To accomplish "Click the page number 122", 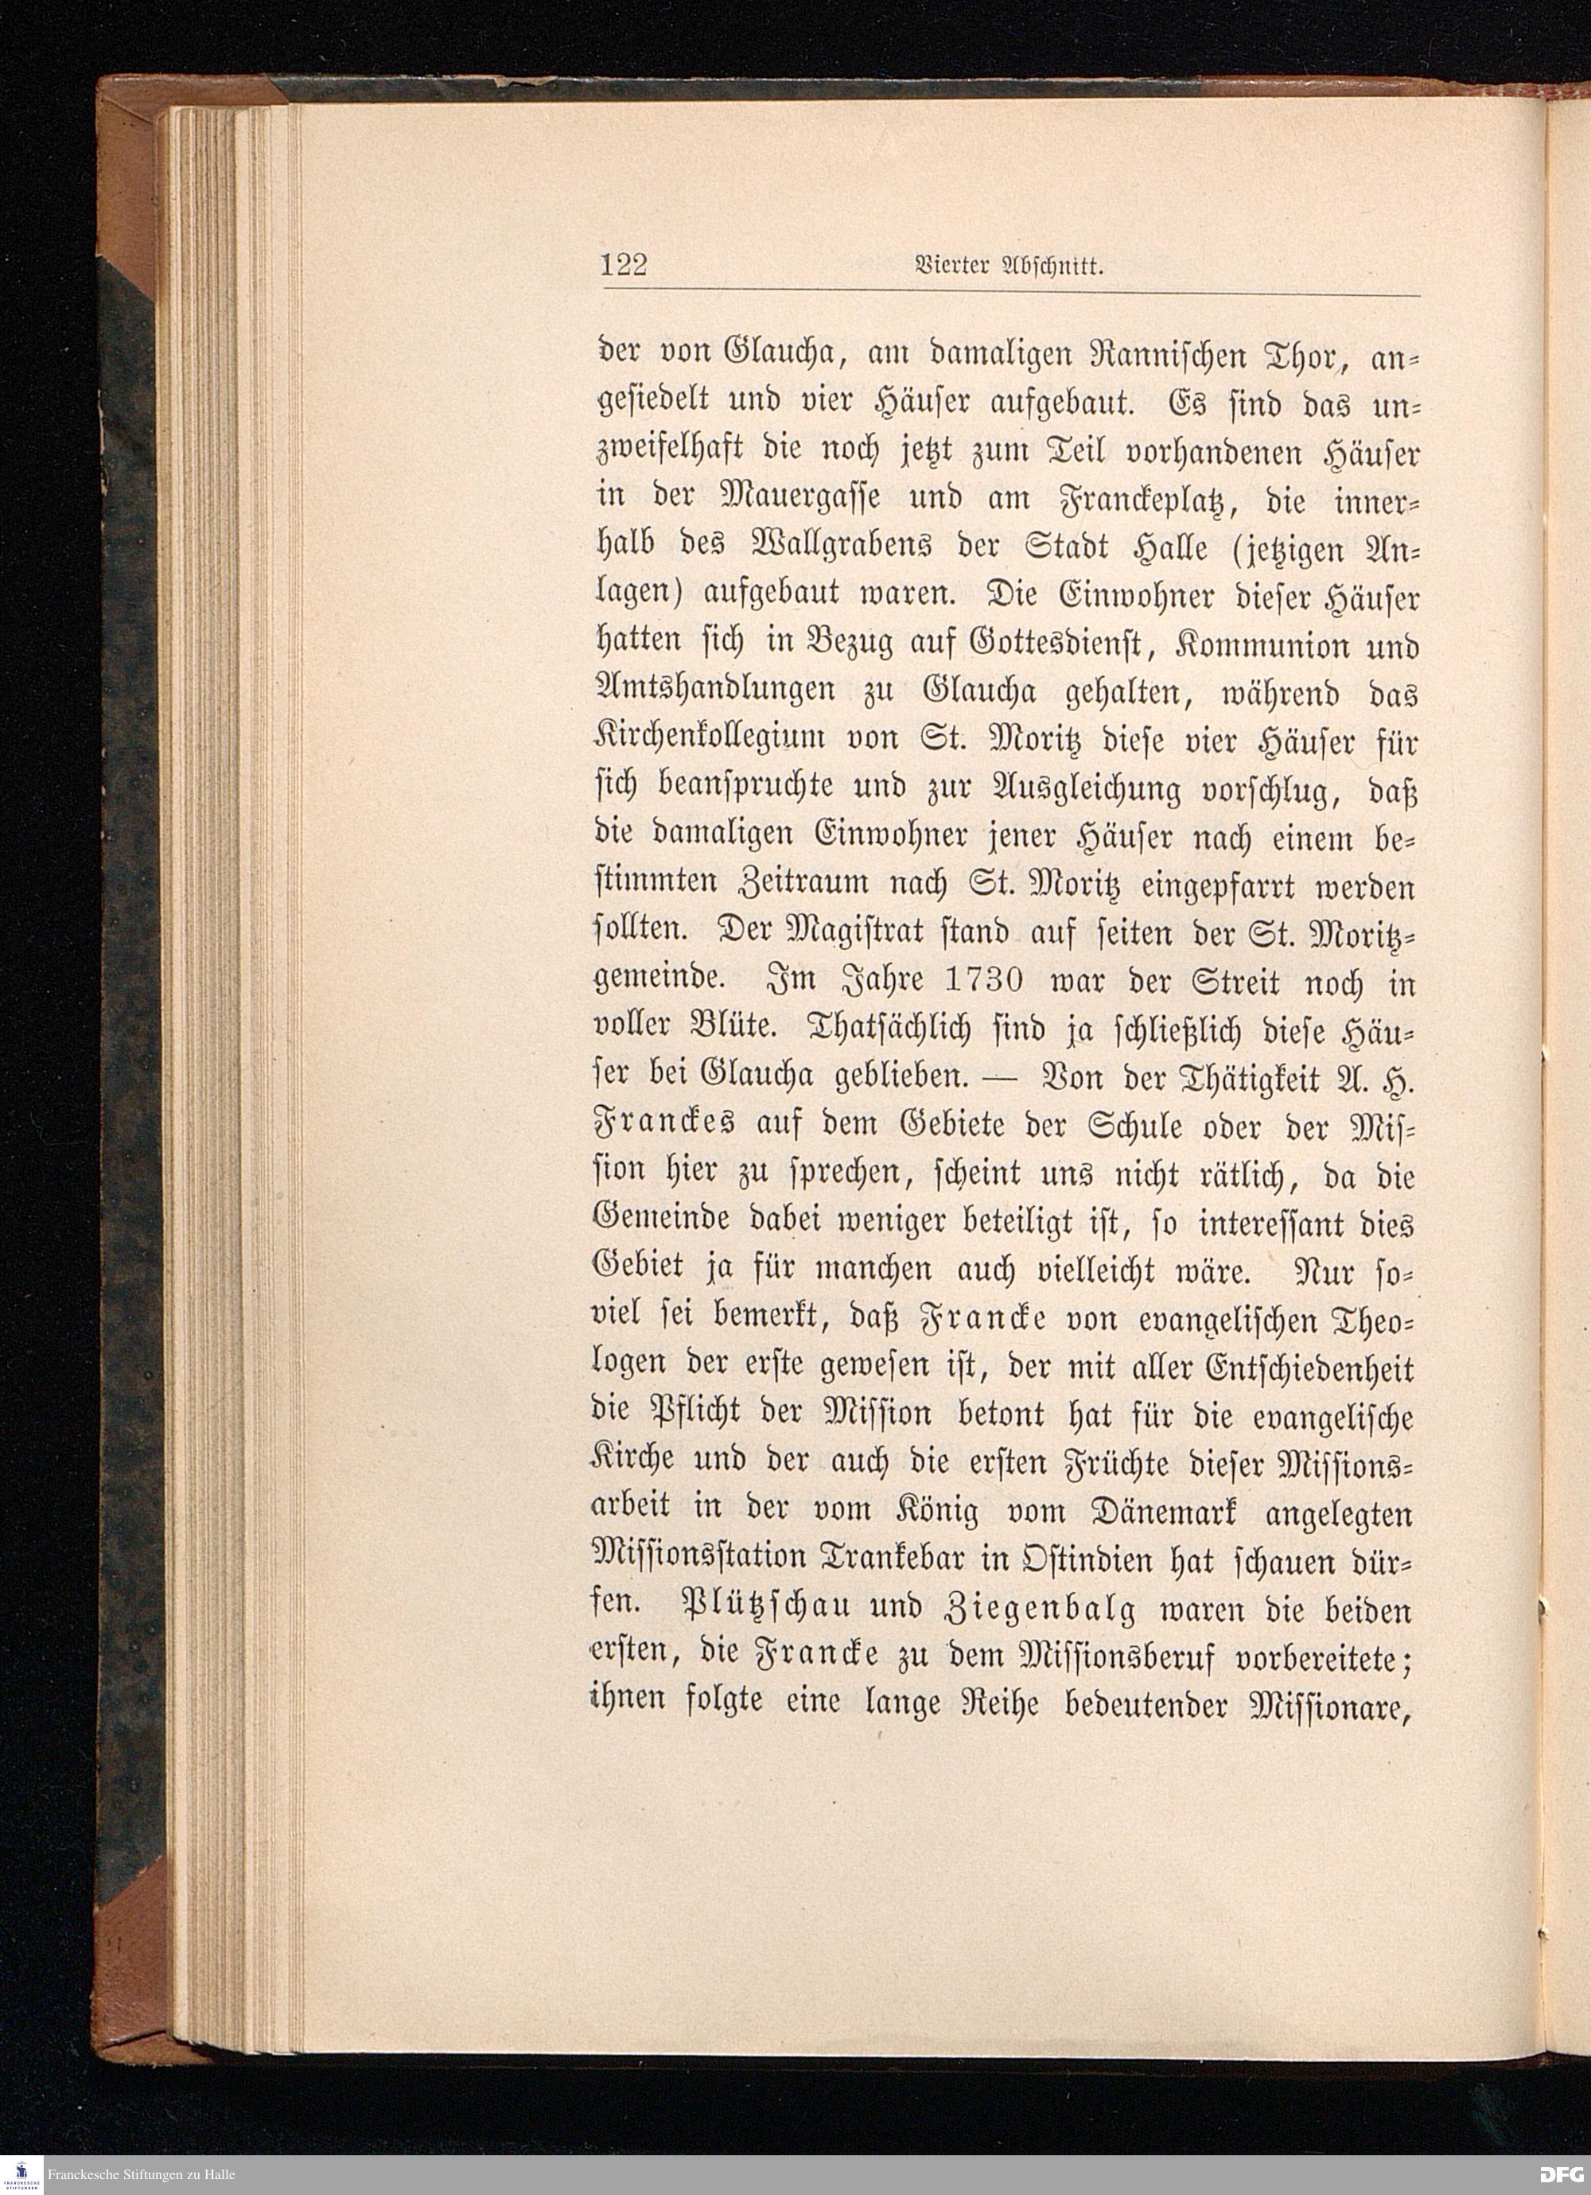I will [622, 264].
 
